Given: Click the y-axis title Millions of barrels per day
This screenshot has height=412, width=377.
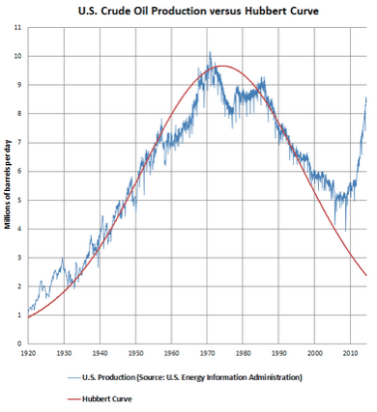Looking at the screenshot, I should [x=8, y=184].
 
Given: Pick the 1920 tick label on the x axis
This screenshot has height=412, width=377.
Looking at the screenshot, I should [x=28, y=355].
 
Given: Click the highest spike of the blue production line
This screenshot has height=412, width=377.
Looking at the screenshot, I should [x=210, y=52].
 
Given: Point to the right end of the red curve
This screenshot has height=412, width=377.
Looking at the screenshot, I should [x=366, y=276].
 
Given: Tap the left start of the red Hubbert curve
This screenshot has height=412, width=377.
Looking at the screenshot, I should [x=28, y=317].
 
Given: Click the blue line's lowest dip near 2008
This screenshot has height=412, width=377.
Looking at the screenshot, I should [x=347, y=231].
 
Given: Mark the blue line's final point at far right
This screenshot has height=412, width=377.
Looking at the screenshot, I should [x=366, y=97].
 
